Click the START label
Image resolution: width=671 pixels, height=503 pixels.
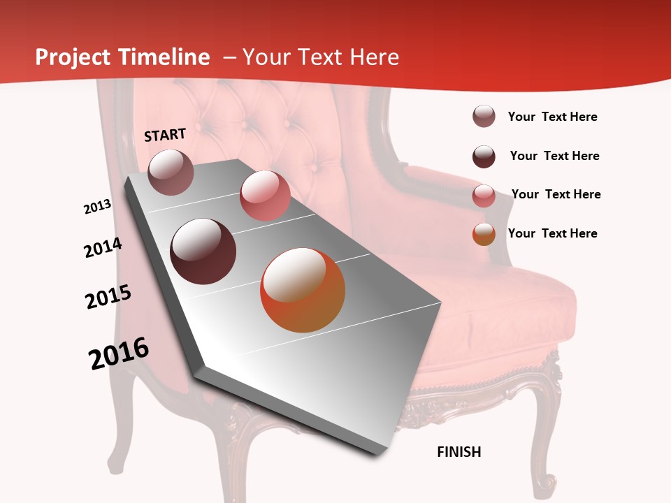pyautogui.click(x=165, y=135)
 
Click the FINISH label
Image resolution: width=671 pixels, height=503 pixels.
pyautogui.click(x=459, y=452)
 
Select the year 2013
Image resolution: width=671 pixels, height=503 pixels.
pyautogui.click(x=98, y=207)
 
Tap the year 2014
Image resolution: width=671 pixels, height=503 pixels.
pyautogui.click(x=103, y=247)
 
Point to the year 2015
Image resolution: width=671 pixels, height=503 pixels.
pyautogui.click(x=108, y=297)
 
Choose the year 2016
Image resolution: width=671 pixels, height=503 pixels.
pyautogui.click(x=119, y=353)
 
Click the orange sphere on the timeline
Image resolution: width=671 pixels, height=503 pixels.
pyautogui.click(x=303, y=291)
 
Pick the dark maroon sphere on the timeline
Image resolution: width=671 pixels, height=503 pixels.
pyautogui.click(x=203, y=251)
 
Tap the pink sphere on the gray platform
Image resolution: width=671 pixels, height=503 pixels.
pyautogui.click(x=265, y=196)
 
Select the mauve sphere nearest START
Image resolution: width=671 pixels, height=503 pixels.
pyautogui.click(x=171, y=172)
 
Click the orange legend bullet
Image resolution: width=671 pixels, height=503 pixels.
pyautogui.click(x=484, y=234)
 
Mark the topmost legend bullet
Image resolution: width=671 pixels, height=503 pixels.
pyautogui.click(x=484, y=117)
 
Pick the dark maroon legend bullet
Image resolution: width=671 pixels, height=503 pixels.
pyautogui.click(x=484, y=156)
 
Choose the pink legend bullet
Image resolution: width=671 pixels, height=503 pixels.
pyautogui.click(x=484, y=196)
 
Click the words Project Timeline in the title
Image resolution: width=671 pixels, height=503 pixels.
pyautogui.click(x=122, y=57)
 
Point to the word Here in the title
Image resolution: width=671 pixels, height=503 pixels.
pyautogui.click(x=374, y=57)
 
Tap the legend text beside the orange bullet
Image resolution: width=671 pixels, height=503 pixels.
pyautogui.click(x=552, y=233)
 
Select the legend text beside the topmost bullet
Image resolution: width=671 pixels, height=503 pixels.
pyautogui.click(x=552, y=117)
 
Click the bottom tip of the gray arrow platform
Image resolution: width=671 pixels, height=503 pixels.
pyautogui.click(x=377, y=454)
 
